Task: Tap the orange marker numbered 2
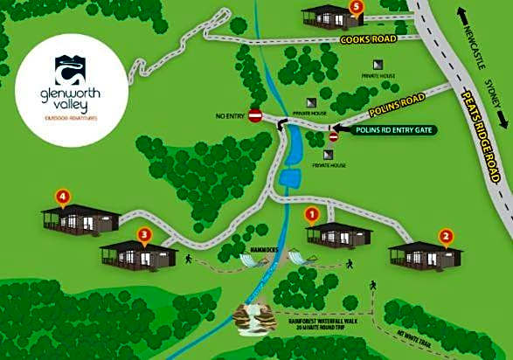coord(445,235)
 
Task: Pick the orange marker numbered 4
coord(61,195)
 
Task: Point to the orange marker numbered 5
coord(356,6)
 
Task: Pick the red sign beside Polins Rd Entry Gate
coord(333,136)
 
